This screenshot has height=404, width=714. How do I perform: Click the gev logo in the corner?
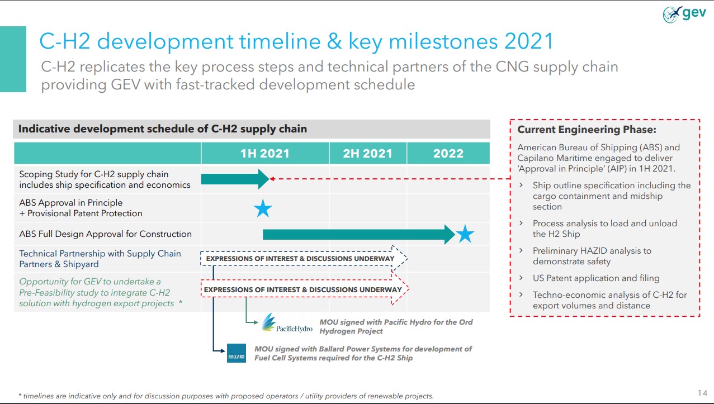(684, 15)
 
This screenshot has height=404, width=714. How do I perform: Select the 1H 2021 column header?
(265, 154)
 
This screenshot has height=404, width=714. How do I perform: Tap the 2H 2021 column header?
(368, 154)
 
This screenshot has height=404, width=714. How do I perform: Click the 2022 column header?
(448, 154)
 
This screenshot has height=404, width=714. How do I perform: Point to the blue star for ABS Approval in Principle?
(263, 208)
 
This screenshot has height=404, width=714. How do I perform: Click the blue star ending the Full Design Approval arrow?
(465, 234)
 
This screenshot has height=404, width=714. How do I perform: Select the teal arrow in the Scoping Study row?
(235, 179)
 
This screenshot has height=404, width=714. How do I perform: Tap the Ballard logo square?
(236, 353)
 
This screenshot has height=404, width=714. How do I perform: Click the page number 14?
(702, 393)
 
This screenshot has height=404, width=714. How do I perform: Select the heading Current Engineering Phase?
(587, 129)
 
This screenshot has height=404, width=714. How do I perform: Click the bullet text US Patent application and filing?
(596, 278)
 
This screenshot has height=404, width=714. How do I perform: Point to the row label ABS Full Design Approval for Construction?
(106, 234)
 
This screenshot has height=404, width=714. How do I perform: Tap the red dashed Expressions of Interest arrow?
(305, 289)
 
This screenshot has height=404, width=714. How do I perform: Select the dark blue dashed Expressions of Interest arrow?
(304, 258)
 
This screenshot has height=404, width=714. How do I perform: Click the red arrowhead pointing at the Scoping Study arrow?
(272, 179)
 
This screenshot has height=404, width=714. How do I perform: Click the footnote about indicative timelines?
(226, 396)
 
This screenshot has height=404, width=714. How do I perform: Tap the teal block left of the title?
(13, 59)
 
